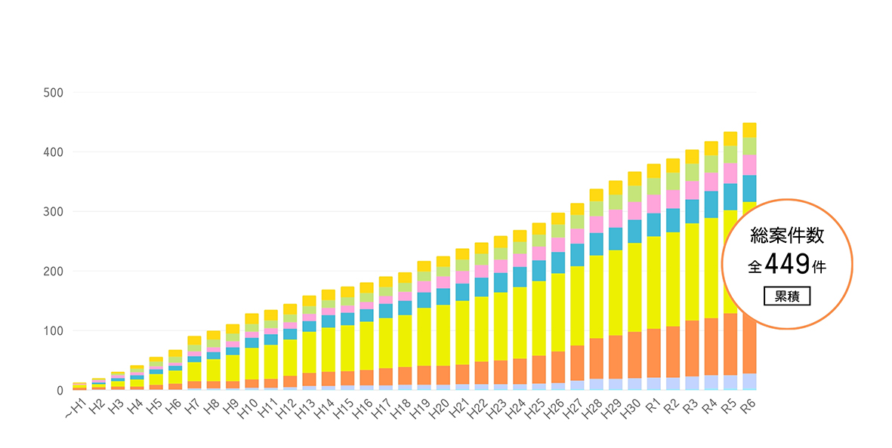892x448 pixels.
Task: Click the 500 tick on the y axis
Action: pyautogui.click(x=53, y=93)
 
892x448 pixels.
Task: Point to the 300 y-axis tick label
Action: pyautogui.click(x=53, y=212)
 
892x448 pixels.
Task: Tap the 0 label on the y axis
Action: pyautogui.click(x=59, y=391)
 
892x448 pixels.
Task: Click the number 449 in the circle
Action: pyautogui.click(x=787, y=264)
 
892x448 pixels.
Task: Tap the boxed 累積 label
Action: pyautogui.click(x=787, y=296)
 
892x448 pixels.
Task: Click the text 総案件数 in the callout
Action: pyautogui.click(x=786, y=236)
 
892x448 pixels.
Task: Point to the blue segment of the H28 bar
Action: pyautogui.click(x=596, y=244)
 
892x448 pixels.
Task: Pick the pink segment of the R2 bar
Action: pyautogui.click(x=673, y=199)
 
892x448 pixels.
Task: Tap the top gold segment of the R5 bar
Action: pyautogui.click(x=730, y=139)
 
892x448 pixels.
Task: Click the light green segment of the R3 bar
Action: pyautogui.click(x=692, y=172)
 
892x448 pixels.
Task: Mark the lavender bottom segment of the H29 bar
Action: pyautogui.click(x=616, y=384)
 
